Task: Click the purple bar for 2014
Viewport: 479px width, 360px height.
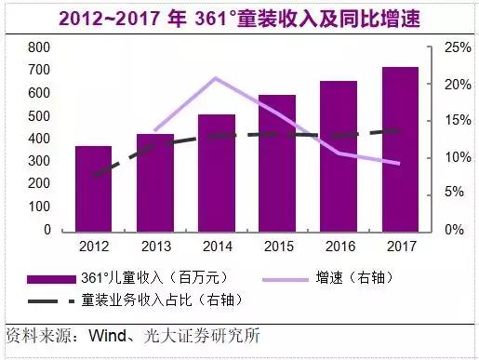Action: (216, 172)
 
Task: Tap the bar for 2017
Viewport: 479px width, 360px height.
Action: (400, 149)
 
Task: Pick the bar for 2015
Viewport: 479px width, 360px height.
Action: (277, 163)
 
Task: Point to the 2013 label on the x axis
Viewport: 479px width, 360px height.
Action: (154, 248)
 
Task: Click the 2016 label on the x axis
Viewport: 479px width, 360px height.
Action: (339, 248)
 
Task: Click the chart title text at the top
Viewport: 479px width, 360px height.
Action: (239, 18)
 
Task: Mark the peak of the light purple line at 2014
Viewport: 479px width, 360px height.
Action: (216, 78)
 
